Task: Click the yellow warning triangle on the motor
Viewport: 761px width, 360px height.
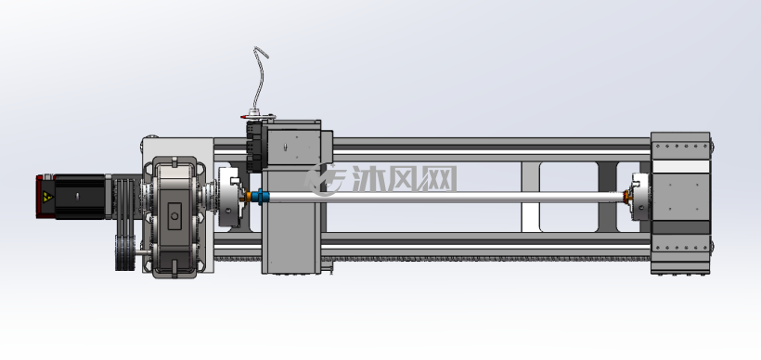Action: click(x=47, y=197)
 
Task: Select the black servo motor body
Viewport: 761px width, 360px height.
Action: click(x=80, y=197)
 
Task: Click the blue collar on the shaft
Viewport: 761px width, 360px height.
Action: click(x=260, y=197)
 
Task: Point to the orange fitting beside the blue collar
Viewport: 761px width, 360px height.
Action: click(x=248, y=197)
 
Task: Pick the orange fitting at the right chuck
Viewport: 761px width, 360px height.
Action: click(x=626, y=197)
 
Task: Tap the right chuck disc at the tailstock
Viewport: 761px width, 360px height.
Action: click(x=640, y=197)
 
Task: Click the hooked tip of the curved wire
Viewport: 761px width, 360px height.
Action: click(x=261, y=51)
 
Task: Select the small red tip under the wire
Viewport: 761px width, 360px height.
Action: click(x=243, y=117)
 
